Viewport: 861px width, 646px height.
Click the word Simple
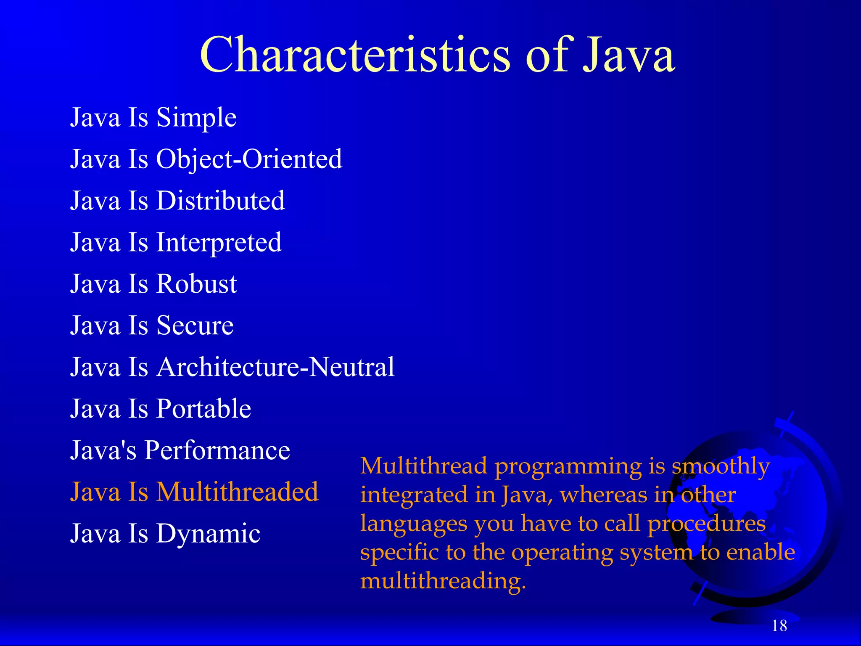pos(196,117)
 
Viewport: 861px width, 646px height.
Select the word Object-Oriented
pos(249,159)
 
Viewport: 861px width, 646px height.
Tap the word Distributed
pos(220,201)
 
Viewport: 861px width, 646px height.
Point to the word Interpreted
pos(219,242)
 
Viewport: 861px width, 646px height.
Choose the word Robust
pos(196,284)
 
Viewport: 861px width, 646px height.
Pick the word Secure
pos(195,326)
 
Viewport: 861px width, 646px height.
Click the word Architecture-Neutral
pos(275,367)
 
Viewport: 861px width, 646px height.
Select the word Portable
pos(203,409)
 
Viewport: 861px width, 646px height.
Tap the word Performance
pos(217,450)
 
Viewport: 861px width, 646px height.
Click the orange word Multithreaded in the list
pos(237,492)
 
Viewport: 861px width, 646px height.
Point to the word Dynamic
pos(208,534)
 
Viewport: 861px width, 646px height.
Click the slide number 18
pos(779,626)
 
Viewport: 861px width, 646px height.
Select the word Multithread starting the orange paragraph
pos(423,466)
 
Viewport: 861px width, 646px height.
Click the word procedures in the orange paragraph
pos(706,524)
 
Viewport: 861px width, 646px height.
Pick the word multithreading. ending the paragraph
pos(443,581)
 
